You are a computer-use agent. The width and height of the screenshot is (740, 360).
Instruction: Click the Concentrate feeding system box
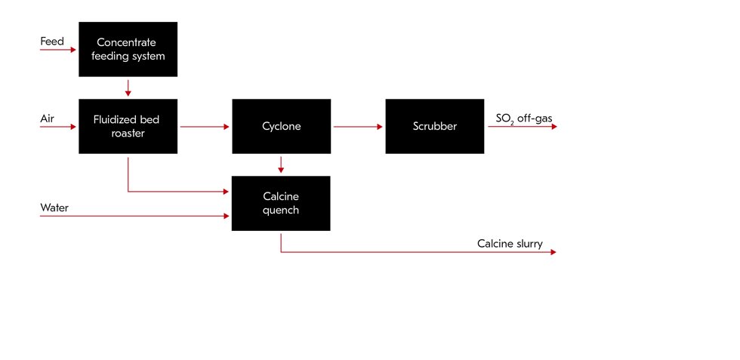coord(128,49)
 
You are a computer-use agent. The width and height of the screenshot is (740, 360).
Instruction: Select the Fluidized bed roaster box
coord(128,126)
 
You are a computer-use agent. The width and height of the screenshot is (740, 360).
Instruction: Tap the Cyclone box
coord(281,126)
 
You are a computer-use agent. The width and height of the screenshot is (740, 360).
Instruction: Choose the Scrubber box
coord(434,126)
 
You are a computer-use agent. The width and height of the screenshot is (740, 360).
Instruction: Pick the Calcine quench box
coord(281,203)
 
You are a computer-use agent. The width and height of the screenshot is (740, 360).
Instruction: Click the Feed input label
coord(52,42)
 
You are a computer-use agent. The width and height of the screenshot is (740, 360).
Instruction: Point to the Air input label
coord(47,118)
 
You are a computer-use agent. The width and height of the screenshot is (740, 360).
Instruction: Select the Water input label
coord(54,208)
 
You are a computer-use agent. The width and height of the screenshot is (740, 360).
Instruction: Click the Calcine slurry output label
coord(510,243)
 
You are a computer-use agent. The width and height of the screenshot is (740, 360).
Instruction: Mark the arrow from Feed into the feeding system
coord(59,50)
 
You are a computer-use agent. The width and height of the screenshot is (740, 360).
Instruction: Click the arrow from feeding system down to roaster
coord(128,88)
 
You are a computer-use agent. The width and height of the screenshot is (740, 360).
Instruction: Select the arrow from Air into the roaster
coord(59,127)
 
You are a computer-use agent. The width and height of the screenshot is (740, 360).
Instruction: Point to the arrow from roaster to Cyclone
coord(205,127)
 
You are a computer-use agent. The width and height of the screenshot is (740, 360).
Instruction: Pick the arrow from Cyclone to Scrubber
coord(358,127)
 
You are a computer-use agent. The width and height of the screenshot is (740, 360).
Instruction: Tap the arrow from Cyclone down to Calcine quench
coord(281,165)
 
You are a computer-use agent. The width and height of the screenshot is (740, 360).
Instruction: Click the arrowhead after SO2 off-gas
coord(553,127)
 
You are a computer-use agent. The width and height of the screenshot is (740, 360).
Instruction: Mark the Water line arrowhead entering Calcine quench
coord(227,217)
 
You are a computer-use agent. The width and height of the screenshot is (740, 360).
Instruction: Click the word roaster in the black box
coord(128,133)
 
